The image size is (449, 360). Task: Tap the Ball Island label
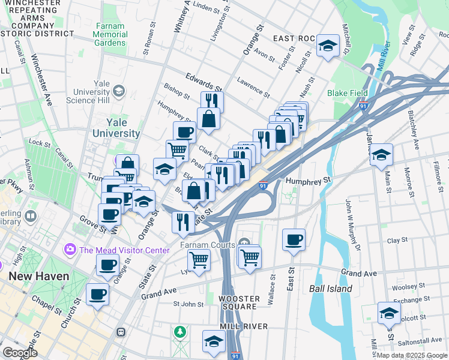click(330, 289)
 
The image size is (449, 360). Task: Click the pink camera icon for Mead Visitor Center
click(70, 248)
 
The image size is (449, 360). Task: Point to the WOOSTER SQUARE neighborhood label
click(239, 302)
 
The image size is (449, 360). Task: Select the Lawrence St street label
click(253, 86)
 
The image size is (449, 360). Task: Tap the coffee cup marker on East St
click(294, 240)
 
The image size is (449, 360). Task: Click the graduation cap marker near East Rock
click(328, 46)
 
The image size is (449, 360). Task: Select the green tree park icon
click(179, 331)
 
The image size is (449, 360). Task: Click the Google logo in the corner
click(20, 353)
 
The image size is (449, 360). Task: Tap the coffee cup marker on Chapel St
click(98, 294)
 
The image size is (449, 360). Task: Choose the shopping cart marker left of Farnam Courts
click(199, 260)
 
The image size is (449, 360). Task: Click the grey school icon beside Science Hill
click(119, 91)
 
